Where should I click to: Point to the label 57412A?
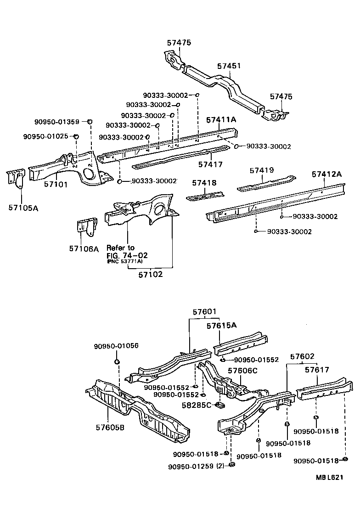click(x=327, y=174)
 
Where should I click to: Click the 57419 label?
click(x=262, y=170)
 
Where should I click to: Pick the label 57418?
click(x=204, y=183)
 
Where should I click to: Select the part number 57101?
click(x=56, y=185)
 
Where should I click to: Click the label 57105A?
click(x=23, y=208)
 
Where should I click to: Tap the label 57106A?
click(x=84, y=248)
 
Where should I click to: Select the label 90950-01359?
click(x=57, y=122)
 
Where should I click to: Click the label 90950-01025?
click(x=45, y=136)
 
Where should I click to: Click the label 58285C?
click(x=197, y=405)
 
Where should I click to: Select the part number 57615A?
click(x=221, y=326)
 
